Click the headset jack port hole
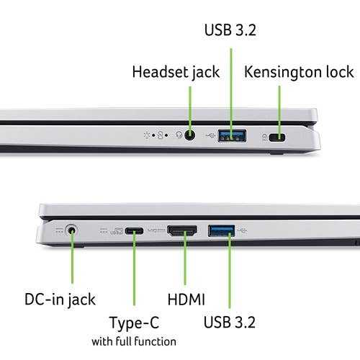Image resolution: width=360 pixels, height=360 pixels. (x=189, y=135)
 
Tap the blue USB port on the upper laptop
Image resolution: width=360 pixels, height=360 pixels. (x=232, y=136)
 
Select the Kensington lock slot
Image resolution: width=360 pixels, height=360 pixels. (x=277, y=138)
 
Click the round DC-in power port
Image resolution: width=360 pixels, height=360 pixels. (x=71, y=230)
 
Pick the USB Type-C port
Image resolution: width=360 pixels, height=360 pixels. (x=134, y=231)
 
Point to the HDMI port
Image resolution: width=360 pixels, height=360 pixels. (x=182, y=231)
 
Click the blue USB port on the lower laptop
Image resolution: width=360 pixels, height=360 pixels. (x=221, y=231)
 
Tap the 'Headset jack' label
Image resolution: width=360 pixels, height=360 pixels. (x=176, y=72)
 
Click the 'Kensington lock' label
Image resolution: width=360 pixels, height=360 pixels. (x=299, y=72)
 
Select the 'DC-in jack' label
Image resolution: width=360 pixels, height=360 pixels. (x=60, y=300)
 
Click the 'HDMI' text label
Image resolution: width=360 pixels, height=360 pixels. (x=186, y=300)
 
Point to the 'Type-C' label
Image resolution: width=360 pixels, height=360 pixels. (x=134, y=323)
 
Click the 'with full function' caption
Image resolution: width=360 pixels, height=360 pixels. (x=134, y=341)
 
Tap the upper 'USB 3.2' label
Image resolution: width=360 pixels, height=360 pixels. (x=230, y=30)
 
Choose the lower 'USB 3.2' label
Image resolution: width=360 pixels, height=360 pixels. (x=230, y=322)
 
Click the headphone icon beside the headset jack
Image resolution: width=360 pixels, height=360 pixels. (x=179, y=135)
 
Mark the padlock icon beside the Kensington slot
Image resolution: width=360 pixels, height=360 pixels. (x=264, y=138)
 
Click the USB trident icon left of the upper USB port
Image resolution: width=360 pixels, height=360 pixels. (x=211, y=136)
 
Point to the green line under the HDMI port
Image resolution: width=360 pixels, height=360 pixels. (x=185, y=258)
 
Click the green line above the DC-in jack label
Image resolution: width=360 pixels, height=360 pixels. (x=72, y=256)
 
